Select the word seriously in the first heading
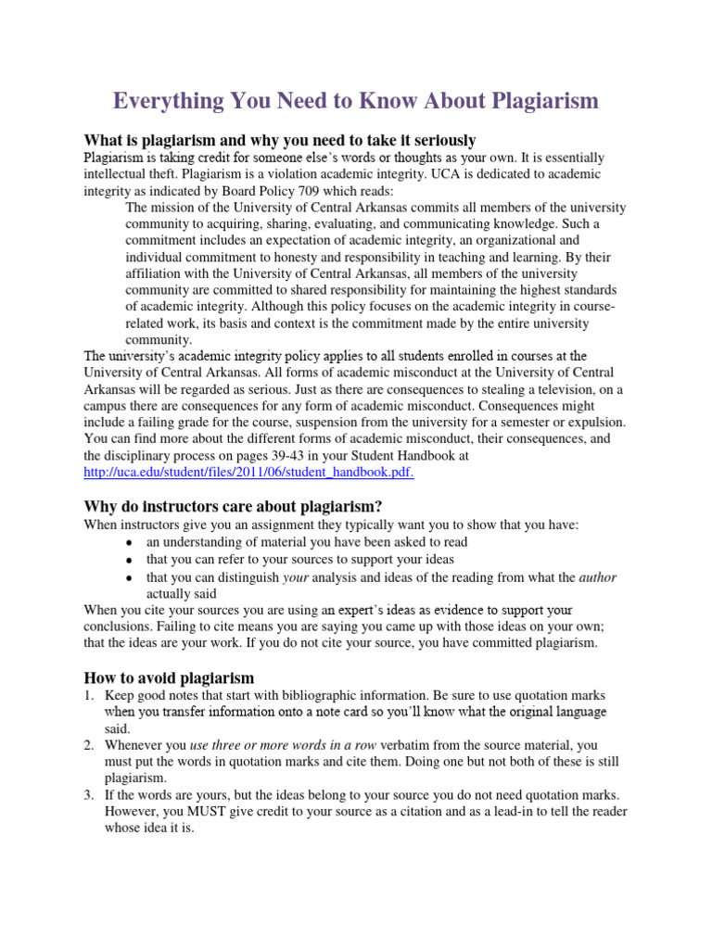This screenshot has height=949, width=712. [439, 140]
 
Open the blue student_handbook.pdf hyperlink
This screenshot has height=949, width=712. [248, 472]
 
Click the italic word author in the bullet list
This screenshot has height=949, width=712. [597, 576]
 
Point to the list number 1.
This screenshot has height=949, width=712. [89, 694]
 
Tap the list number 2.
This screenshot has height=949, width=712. [89, 744]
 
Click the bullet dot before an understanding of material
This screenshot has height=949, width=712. [128, 542]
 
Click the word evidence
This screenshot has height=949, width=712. [439, 610]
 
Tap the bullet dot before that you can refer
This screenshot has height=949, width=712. [128, 560]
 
